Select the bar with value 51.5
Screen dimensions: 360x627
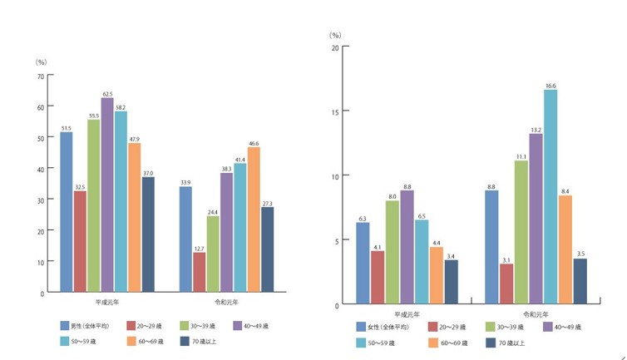coord(66,211)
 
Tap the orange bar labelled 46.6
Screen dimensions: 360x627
coord(254,219)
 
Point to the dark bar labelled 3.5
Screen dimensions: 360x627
coord(580,282)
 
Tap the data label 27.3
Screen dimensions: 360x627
coord(268,203)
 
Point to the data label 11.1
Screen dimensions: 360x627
coord(521,155)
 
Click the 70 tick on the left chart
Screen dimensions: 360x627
coord(40,76)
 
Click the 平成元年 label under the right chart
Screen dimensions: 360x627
coord(407,316)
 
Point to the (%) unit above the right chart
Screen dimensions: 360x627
coord(335,35)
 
